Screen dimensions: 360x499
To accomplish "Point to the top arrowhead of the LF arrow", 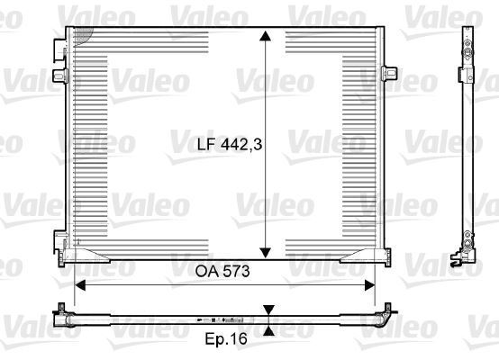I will pos(266,35).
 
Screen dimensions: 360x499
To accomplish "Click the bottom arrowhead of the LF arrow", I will pos(266,251).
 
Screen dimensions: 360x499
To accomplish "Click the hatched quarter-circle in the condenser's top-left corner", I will pos(83,34).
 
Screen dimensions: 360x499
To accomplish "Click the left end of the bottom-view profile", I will pos(62,314).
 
